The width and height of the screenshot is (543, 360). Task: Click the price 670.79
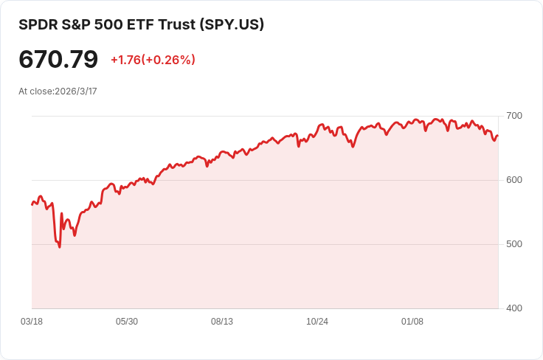(x=58, y=59)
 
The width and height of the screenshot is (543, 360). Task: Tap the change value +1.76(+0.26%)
(x=153, y=60)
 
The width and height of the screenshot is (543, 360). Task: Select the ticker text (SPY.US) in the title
(x=232, y=24)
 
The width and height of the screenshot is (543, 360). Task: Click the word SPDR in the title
(x=38, y=24)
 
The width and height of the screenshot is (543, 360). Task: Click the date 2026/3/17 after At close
(x=76, y=91)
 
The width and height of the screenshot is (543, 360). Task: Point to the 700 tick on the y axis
(x=514, y=116)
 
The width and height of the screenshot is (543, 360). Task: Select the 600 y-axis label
(x=514, y=180)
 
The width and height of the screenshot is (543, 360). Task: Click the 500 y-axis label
(x=514, y=244)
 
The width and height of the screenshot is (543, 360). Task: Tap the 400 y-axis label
(x=514, y=308)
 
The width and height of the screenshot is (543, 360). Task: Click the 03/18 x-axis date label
(x=32, y=322)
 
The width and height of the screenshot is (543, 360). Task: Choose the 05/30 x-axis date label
(x=127, y=322)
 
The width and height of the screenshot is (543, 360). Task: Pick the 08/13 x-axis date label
(x=222, y=322)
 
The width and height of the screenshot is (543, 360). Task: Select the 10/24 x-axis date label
(x=317, y=322)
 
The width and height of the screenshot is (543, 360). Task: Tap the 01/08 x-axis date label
(x=412, y=322)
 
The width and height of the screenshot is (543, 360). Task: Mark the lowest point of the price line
(x=60, y=246)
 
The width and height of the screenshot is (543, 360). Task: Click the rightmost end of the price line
(x=498, y=136)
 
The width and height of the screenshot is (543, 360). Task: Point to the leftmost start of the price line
(x=32, y=204)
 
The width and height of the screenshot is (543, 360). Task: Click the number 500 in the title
(x=119, y=24)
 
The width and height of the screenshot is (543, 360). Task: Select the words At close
(x=36, y=91)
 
